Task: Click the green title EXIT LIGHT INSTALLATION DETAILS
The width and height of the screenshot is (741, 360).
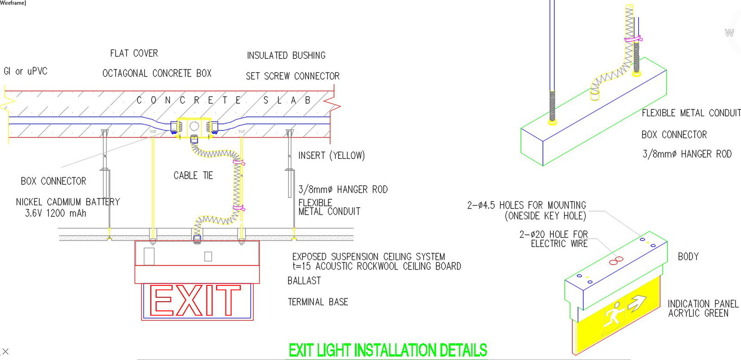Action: (388, 350)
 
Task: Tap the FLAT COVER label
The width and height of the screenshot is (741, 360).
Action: (134, 53)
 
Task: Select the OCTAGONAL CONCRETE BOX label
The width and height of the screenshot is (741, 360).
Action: (157, 73)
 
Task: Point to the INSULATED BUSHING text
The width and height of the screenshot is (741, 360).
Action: (286, 56)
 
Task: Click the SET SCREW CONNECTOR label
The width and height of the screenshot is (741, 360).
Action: (292, 76)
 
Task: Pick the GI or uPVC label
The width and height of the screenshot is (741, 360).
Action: (25, 71)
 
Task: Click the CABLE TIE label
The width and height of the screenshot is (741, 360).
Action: (193, 176)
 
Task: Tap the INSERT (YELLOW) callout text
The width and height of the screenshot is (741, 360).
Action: (331, 156)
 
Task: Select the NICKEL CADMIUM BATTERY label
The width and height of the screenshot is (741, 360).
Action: (68, 202)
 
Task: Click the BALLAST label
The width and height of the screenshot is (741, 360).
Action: (304, 281)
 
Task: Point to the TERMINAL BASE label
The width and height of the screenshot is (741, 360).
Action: (318, 302)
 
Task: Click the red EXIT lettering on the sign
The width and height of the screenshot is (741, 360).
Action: (196, 301)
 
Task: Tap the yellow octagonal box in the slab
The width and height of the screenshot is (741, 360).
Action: (194, 126)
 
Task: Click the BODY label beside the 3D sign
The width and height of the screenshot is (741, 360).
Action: (688, 257)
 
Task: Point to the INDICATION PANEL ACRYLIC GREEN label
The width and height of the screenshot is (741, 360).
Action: (703, 309)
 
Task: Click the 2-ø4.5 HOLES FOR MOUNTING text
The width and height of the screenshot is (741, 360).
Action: (527, 205)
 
